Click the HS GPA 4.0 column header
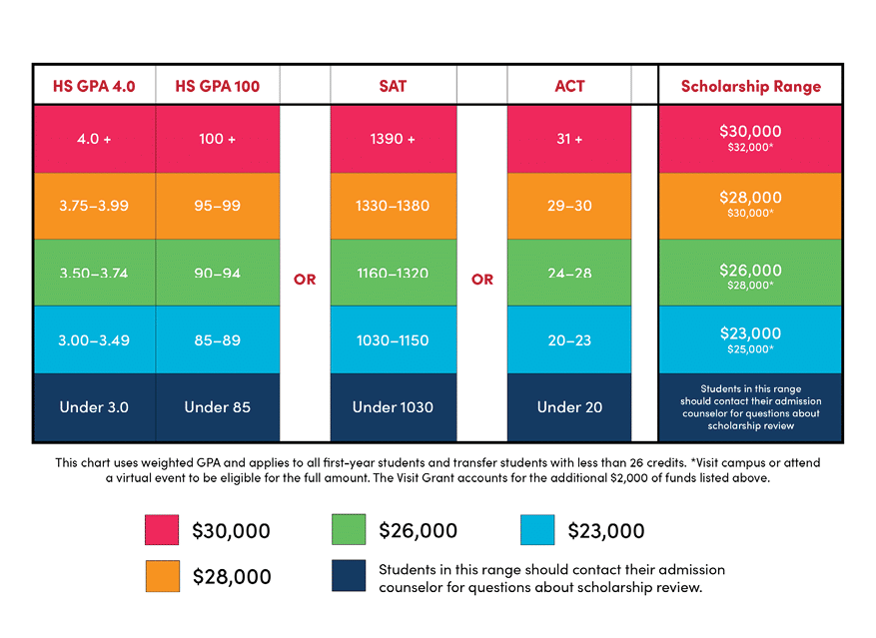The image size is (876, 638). [94, 86]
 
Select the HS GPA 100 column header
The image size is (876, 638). [217, 86]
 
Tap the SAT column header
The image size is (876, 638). [393, 86]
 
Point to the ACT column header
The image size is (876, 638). [569, 86]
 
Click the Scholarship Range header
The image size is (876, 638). [751, 86]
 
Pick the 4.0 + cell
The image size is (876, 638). [94, 139]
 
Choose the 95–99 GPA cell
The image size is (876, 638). [217, 206]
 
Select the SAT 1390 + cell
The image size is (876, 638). [393, 139]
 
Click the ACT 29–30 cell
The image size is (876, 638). [569, 206]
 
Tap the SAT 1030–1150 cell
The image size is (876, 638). [393, 340]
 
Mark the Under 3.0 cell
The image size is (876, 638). [94, 407]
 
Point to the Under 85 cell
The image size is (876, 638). [217, 407]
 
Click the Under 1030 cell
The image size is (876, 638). [393, 407]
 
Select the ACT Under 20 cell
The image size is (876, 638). [569, 407]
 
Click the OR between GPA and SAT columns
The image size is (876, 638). [305, 280]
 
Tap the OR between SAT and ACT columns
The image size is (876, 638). [482, 280]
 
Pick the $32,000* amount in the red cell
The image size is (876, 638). [751, 148]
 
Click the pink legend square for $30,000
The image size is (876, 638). [162, 530]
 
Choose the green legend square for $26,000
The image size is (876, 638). [349, 530]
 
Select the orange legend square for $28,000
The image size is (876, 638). [162, 576]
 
